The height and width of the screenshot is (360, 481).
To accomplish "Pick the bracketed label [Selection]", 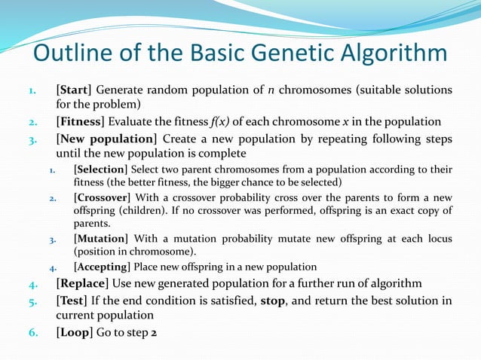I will [103, 170].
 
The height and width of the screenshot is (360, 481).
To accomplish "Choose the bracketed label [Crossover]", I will [103, 197].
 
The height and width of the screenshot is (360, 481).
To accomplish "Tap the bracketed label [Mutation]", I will [100, 238].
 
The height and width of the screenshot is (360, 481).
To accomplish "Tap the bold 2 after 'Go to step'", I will [154, 332].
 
